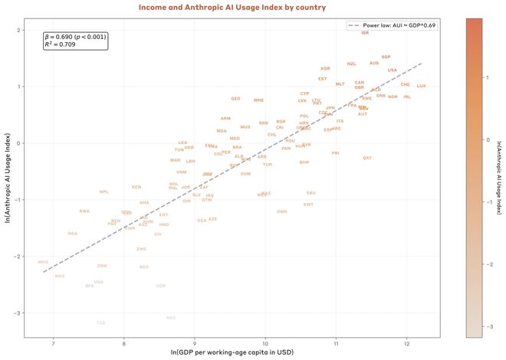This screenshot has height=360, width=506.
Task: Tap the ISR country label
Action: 364,33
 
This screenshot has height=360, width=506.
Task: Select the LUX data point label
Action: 421,86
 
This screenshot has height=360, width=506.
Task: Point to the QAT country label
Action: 367,158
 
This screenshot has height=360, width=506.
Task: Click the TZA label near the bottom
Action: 101,322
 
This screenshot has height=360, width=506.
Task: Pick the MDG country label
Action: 43,262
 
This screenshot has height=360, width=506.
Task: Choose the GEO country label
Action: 235,99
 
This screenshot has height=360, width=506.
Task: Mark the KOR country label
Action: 325,69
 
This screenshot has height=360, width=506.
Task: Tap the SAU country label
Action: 310,193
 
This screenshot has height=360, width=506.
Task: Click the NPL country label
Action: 104,191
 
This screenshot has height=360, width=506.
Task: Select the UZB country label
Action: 160,286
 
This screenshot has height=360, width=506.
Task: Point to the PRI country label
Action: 335,153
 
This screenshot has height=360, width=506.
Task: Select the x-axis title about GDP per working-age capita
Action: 232,353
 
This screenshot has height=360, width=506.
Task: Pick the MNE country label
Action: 258,100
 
